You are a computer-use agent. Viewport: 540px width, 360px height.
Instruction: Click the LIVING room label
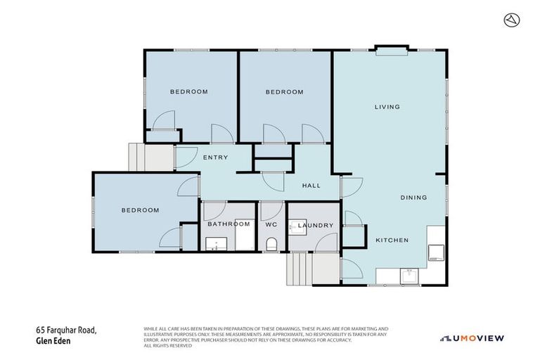[387, 107]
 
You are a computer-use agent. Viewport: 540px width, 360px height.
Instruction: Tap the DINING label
[413, 198]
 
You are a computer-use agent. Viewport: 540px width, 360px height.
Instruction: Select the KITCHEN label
[392, 240]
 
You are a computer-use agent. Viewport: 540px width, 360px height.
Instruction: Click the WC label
[271, 225]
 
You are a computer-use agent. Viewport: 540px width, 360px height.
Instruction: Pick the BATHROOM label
[229, 224]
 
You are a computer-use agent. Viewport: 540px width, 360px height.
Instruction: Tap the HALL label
[311, 186]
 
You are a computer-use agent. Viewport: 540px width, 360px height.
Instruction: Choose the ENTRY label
[215, 157]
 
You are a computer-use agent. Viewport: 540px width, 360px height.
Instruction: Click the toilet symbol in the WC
[271, 244]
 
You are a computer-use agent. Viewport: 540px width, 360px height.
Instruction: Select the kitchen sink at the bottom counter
[409, 276]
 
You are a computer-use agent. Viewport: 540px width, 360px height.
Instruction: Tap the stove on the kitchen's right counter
[436, 251]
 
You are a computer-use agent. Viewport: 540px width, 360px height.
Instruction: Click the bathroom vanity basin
[214, 244]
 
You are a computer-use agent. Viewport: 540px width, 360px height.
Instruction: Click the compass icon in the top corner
[512, 20]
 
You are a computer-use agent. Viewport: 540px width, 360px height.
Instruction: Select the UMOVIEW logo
[472, 338]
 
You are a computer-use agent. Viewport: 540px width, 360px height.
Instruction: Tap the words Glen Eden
[54, 341]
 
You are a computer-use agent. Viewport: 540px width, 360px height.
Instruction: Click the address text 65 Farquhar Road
[66, 330]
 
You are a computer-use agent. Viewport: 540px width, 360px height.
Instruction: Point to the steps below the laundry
[300, 269]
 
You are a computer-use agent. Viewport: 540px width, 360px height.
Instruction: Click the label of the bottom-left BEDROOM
[139, 210]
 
